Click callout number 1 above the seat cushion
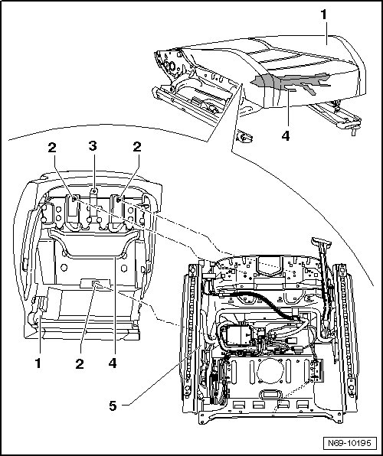[x=323, y=15]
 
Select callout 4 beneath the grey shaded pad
[x=286, y=136]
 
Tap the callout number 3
[x=93, y=146]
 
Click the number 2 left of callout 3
[x=52, y=148]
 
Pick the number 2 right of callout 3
[x=137, y=147]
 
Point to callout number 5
[x=113, y=406]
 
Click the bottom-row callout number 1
[x=38, y=363]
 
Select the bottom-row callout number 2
[x=80, y=364]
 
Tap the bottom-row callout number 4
[x=113, y=363]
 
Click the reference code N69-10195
[x=349, y=443]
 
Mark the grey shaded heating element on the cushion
[x=290, y=82]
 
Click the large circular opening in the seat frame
[x=270, y=371]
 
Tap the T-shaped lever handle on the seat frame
[x=322, y=241]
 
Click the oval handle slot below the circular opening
[x=270, y=394]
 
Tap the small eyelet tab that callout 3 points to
[x=93, y=191]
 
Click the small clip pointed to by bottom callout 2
[x=95, y=284]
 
